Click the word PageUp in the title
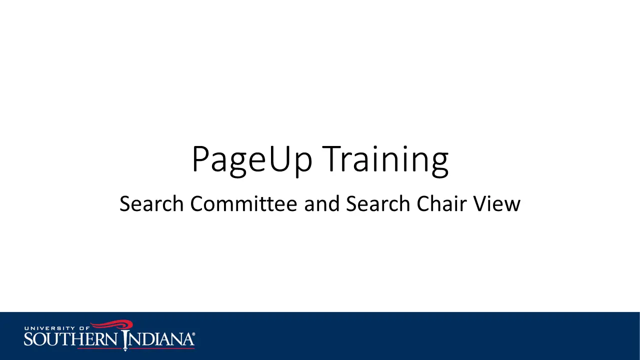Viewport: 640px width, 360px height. (252, 160)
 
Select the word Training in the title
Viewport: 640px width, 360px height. (385, 160)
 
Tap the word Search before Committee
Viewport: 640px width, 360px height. (151, 203)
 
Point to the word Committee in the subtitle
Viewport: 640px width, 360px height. (243, 203)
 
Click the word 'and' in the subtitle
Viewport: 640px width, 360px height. (321, 203)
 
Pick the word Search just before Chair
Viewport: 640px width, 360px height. (378, 203)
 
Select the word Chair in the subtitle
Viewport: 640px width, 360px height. (441, 203)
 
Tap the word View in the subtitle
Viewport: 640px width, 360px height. (496, 203)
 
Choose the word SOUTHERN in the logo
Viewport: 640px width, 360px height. (70, 339)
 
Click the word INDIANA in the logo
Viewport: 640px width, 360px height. (159, 339)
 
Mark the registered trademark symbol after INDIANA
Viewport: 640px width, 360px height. (193, 334)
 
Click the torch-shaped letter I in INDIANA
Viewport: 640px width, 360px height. (125, 340)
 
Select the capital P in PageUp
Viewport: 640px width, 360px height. (201, 159)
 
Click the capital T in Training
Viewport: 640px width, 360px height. (332, 159)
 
